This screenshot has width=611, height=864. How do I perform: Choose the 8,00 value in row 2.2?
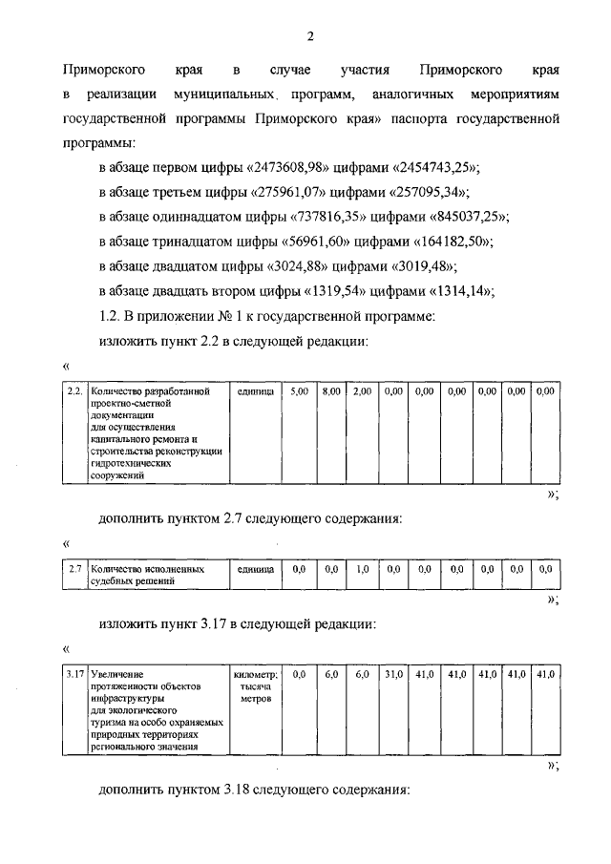coord(331,391)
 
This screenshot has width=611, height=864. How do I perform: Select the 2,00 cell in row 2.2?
coord(362,391)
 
